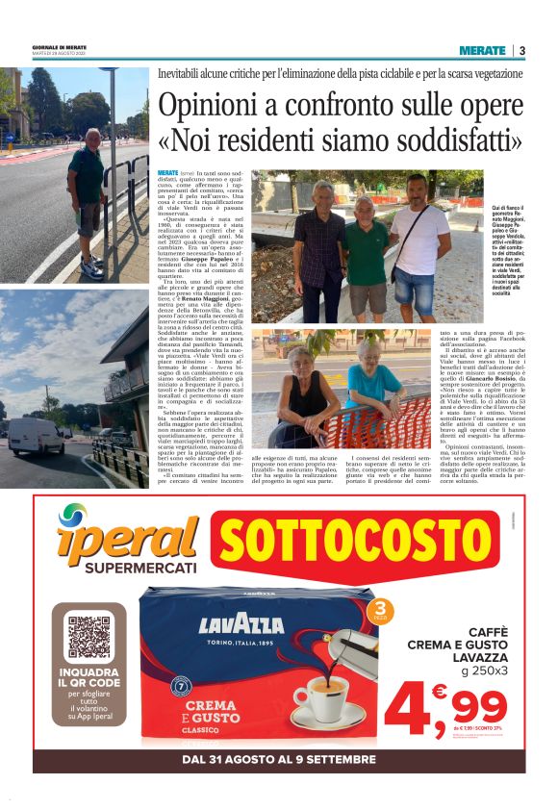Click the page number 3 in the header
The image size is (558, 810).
[521, 50]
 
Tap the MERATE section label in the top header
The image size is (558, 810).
[482, 50]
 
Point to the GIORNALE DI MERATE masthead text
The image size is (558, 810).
[58, 47]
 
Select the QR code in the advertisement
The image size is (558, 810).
[89, 637]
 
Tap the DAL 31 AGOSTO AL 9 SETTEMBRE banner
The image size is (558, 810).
[279, 759]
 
